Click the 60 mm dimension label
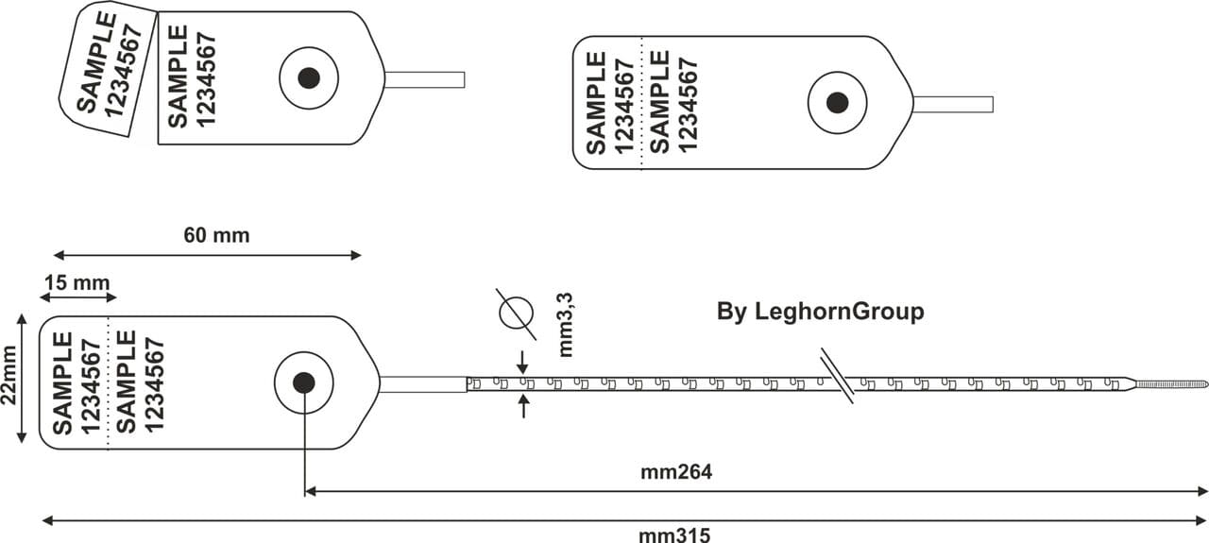point(216,235)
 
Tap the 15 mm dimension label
point(77,282)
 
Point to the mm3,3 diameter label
point(567,324)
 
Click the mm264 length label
point(676,472)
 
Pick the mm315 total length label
point(674,535)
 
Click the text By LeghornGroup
point(820,312)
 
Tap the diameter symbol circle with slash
point(516,312)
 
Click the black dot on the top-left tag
point(308,78)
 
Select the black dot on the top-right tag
point(837,103)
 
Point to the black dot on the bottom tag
point(303,382)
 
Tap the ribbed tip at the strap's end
point(1171,384)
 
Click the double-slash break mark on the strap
point(837,377)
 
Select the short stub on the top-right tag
point(953,104)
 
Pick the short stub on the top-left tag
point(424,79)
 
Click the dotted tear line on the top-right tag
point(641,103)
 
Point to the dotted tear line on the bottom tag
point(109,382)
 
